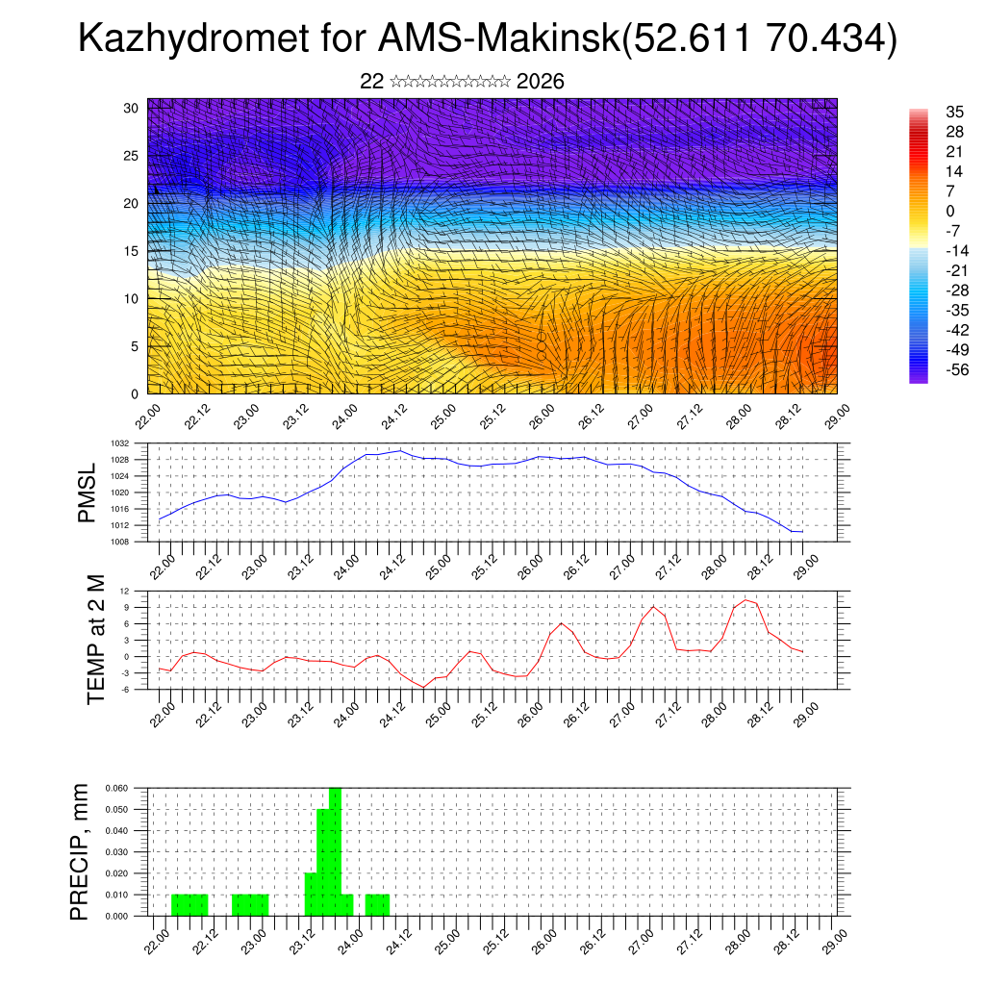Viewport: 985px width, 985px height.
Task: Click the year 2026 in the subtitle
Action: coord(540,82)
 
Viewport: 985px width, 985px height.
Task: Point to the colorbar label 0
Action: coord(950,211)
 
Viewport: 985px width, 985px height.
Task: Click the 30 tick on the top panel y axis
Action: coord(131,108)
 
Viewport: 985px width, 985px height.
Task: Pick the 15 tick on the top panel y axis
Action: coord(131,251)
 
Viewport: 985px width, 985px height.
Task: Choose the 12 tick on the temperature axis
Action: coord(125,591)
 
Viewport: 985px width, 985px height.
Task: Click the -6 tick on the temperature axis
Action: coord(125,689)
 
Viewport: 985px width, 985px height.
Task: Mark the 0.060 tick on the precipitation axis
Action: coord(115,788)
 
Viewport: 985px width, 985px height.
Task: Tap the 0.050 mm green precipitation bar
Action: coord(323,862)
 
